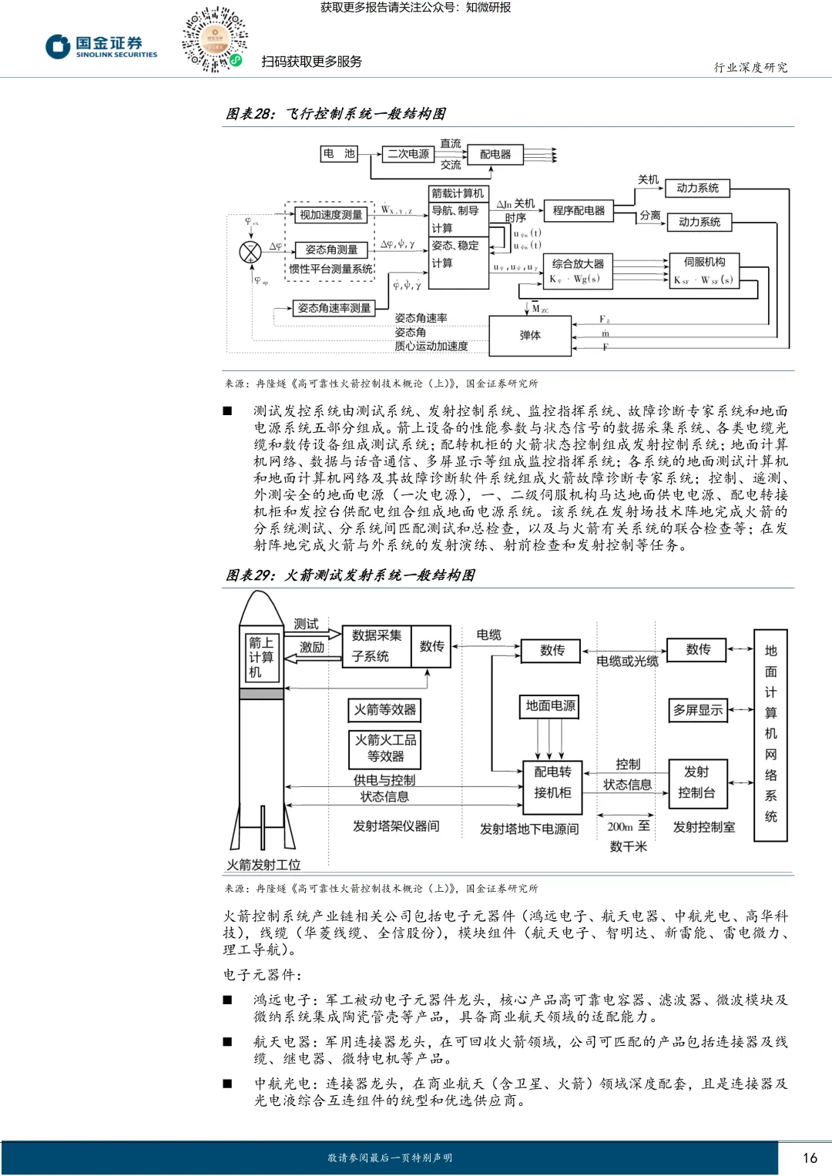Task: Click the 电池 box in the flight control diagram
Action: click(x=339, y=154)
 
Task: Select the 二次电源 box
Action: click(x=408, y=154)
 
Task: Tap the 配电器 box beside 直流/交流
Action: click(x=495, y=154)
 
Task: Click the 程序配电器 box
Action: click(x=579, y=210)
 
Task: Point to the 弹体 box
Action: click(x=530, y=335)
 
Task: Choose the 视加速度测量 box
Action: click(x=330, y=215)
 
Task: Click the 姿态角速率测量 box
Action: click(x=334, y=308)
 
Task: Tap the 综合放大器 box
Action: click(x=579, y=271)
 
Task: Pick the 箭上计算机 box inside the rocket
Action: click(x=260, y=657)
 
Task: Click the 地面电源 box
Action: click(x=550, y=705)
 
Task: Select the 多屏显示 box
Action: click(x=698, y=710)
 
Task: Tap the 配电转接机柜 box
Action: click(x=552, y=782)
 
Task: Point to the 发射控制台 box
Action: click(x=696, y=782)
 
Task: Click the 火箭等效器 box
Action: click(x=385, y=710)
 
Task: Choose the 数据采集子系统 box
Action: click(x=377, y=646)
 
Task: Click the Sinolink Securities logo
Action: click(x=101, y=47)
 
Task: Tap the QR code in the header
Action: click(x=214, y=40)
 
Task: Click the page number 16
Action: click(x=810, y=1158)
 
